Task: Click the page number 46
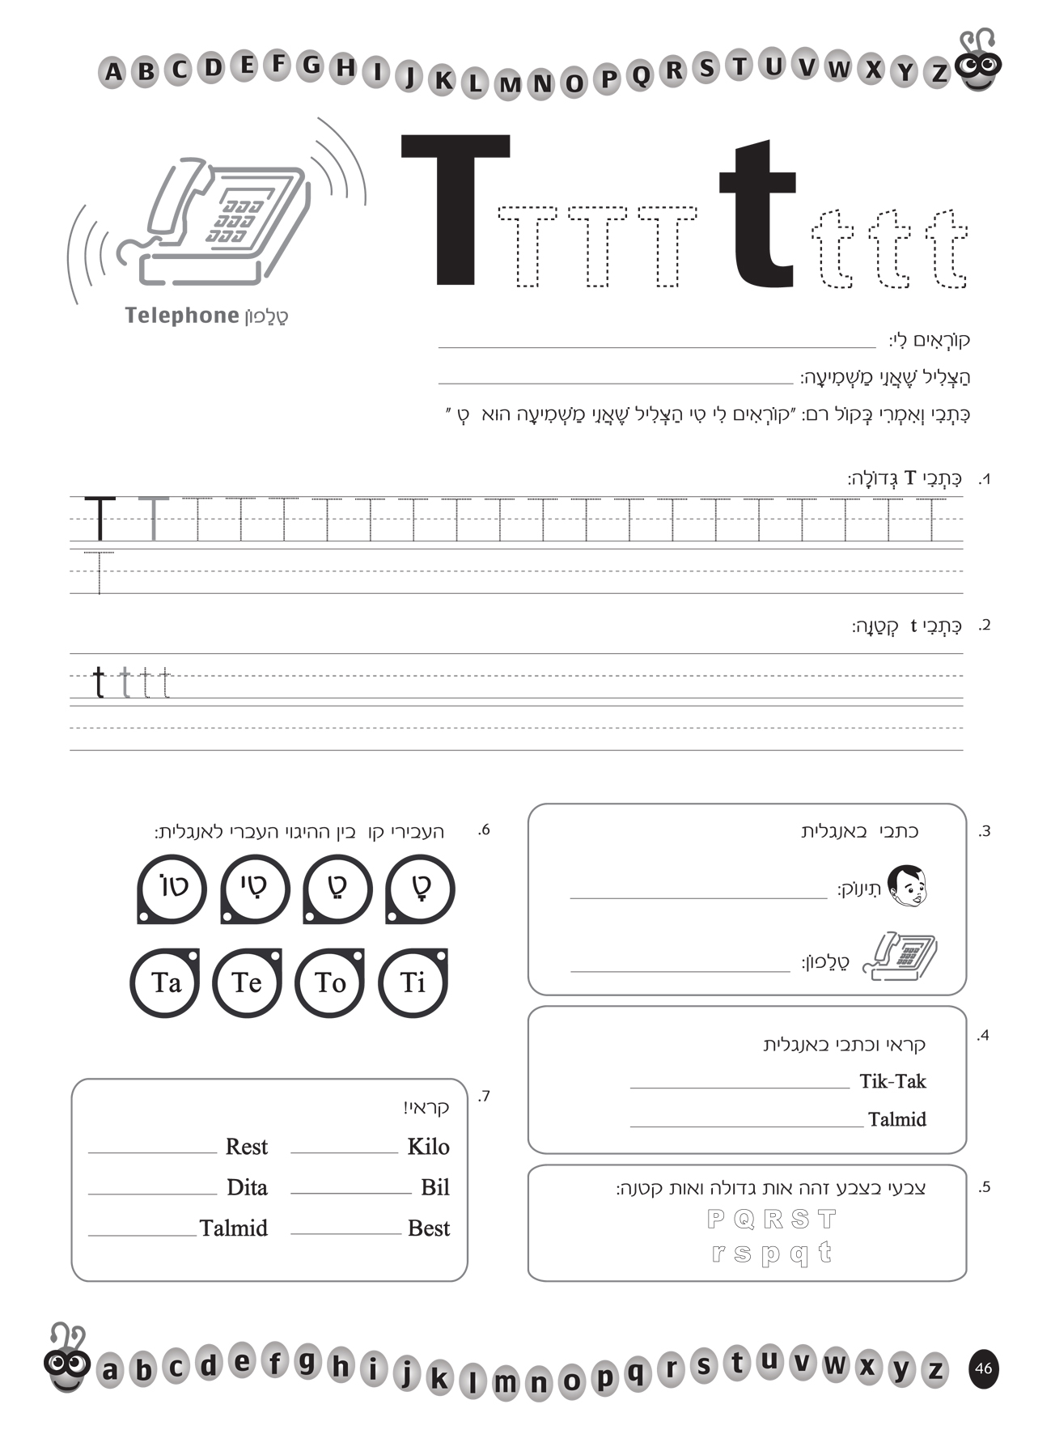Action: click(983, 1368)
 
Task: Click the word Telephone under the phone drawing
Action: click(181, 316)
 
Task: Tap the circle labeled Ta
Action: click(165, 982)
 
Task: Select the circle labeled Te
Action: click(247, 982)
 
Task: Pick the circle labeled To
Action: click(330, 982)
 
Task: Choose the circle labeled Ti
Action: click(413, 982)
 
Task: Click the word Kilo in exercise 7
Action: click(428, 1147)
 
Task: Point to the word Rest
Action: click(246, 1147)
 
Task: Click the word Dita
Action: click(247, 1187)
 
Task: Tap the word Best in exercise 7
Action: click(428, 1228)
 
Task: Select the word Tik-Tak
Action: click(892, 1082)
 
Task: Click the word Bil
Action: click(434, 1187)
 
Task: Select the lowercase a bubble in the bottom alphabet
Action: click(110, 1371)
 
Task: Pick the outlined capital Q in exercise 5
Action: click(744, 1219)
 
